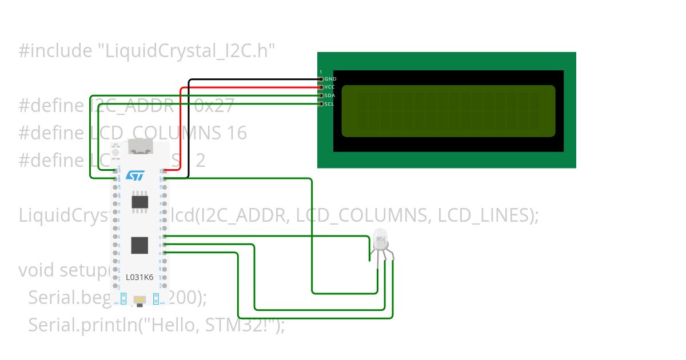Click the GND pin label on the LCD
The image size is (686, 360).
tap(330, 79)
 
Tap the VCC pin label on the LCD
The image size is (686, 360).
tap(330, 87)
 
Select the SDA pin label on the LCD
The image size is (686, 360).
tap(330, 95)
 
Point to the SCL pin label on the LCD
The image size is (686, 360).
tap(330, 104)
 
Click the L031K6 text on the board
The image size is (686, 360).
tap(139, 277)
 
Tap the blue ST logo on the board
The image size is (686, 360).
tap(135, 175)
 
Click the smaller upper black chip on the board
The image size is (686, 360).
tap(140, 202)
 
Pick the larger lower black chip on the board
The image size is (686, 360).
tap(140, 245)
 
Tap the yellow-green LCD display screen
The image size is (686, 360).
tap(448, 111)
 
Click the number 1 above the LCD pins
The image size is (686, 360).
tap(321, 72)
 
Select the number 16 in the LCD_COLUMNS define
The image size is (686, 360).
tap(236, 133)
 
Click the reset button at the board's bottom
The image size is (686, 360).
tap(139, 299)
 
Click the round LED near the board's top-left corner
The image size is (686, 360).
tap(116, 153)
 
